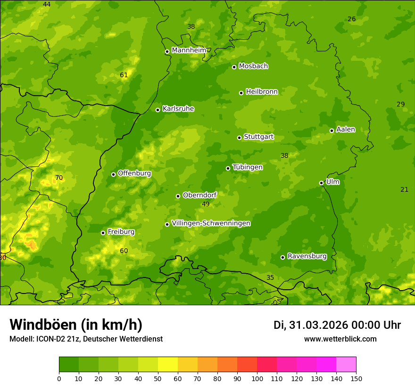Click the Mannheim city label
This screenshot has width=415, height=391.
click(x=189, y=50)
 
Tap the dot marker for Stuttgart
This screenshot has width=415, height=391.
click(x=239, y=138)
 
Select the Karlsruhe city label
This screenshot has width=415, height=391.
click(x=178, y=109)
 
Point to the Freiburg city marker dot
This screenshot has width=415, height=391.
click(x=103, y=233)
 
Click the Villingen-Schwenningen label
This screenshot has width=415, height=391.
click(x=211, y=223)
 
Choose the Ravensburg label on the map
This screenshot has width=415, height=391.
click(x=307, y=256)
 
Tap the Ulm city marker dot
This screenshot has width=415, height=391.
click(x=321, y=183)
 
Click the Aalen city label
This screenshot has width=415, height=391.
click(x=346, y=130)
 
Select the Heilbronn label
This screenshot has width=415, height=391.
click(x=262, y=92)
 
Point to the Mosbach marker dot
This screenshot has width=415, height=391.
click(x=234, y=67)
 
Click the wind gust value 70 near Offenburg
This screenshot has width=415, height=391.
click(x=59, y=178)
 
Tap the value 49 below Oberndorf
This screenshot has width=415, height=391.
click(x=206, y=204)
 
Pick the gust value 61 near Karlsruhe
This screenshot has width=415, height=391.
click(x=124, y=75)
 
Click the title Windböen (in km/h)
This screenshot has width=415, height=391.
click(x=76, y=325)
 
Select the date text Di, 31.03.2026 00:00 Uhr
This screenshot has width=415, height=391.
click(x=337, y=325)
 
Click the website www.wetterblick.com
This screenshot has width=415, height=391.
click(x=340, y=339)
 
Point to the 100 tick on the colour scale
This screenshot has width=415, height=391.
click(x=257, y=378)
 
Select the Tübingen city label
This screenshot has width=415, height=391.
click(x=248, y=167)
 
